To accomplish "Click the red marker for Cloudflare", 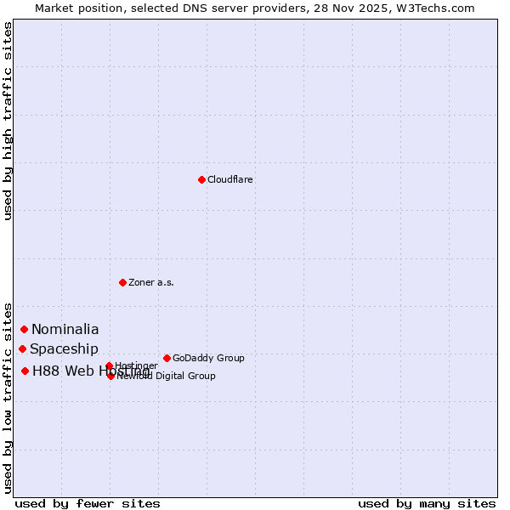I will [201, 179].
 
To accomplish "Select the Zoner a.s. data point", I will [122, 282].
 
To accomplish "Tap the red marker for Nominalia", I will [25, 329].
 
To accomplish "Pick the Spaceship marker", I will [23, 348].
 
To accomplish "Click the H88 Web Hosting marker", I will [25, 371].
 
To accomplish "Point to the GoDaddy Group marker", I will [167, 358].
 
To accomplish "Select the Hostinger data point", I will [109, 366].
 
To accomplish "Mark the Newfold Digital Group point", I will [110, 376].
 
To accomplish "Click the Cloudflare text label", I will [230, 179].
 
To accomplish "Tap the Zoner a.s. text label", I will [151, 282].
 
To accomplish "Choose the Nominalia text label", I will [65, 329].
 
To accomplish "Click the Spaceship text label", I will [64, 348].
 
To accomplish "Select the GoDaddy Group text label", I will [208, 358].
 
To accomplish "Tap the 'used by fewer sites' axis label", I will [88, 503].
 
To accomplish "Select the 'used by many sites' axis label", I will [427, 503].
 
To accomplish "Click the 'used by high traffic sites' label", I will [8, 121].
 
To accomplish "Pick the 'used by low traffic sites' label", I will [8, 397].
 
